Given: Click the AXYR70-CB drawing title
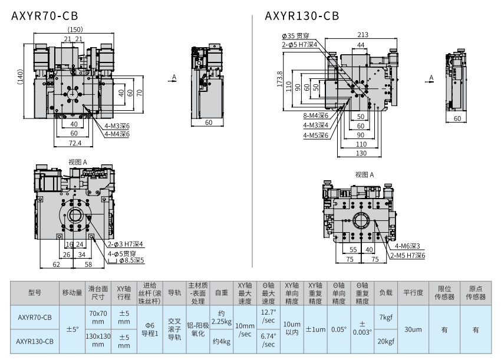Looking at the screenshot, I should pyautogui.click(x=45, y=16).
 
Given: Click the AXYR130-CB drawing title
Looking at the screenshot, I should pyautogui.click(x=302, y=16).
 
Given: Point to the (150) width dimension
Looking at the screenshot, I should pyautogui.click(x=75, y=30).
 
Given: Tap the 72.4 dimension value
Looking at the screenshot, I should pyautogui.click(x=75, y=143).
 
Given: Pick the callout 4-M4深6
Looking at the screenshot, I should pyautogui.click(x=117, y=134).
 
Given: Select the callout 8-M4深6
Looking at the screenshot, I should pyautogui.click(x=316, y=115).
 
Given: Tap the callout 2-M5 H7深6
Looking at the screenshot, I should pyautogui.click(x=407, y=255).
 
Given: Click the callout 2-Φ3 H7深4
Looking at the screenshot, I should pyautogui.click(x=126, y=244).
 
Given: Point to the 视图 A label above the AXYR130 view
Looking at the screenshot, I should pyautogui.click(x=365, y=174).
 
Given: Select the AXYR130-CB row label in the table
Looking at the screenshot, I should pyautogui.click(x=35, y=341).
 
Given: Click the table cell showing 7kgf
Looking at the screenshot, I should pyautogui.click(x=385, y=317).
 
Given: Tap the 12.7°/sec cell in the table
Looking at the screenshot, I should pyautogui.click(x=268, y=316).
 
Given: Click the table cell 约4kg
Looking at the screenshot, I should pyautogui.click(x=222, y=341).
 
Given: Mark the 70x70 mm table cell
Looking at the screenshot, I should pyautogui.click(x=98, y=317).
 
